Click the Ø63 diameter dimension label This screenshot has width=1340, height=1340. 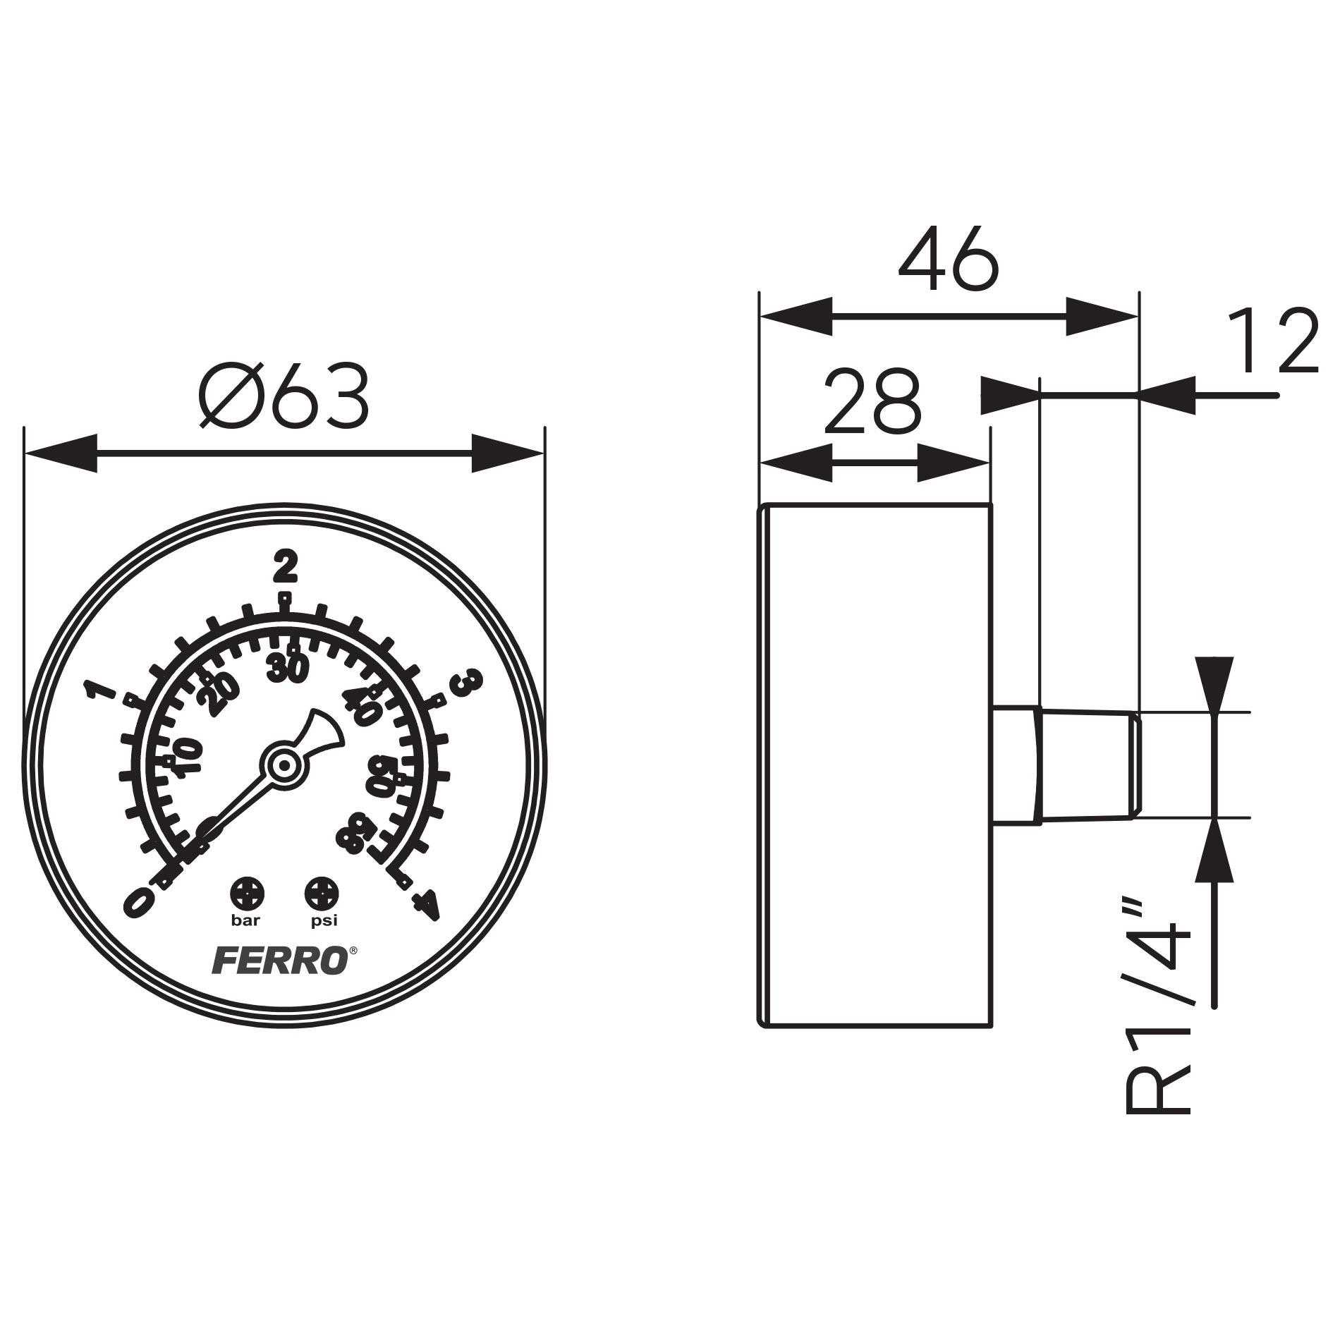click(x=284, y=396)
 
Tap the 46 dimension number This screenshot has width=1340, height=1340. click(x=949, y=260)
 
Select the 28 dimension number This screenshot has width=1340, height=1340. click(x=872, y=402)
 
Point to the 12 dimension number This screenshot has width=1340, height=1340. click(x=1272, y=341)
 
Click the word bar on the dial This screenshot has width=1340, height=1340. click(x=246, y=920)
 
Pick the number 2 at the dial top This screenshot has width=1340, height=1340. click(x=285, y=564)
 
